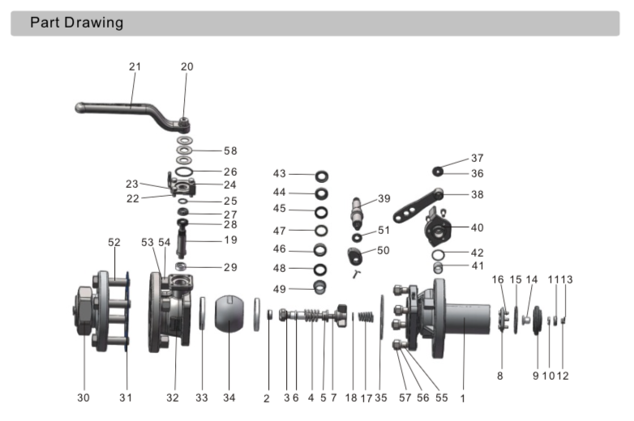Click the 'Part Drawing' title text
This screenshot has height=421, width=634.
[x=77, y=23]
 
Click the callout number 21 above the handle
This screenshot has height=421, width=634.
[x=135, y=66]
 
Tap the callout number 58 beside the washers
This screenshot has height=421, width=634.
[x=230, y=151]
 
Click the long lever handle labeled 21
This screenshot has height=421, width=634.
[x=130, y=106]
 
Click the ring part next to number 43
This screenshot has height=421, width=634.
[x=322, y=175]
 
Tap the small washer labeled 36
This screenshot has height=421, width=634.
[x=437, y=171]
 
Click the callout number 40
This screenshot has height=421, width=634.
[x=477, y=228]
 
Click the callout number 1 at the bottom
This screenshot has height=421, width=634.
[x=463, y=398]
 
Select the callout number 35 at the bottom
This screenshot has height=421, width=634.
[x=381, y=398]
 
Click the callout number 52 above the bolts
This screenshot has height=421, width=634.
[x=114, y=242]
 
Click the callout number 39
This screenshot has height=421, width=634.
[x=383, y=198]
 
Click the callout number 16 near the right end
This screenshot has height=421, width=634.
[x=499, y=279]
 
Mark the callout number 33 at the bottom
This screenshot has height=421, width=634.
[x=201, y=398]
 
